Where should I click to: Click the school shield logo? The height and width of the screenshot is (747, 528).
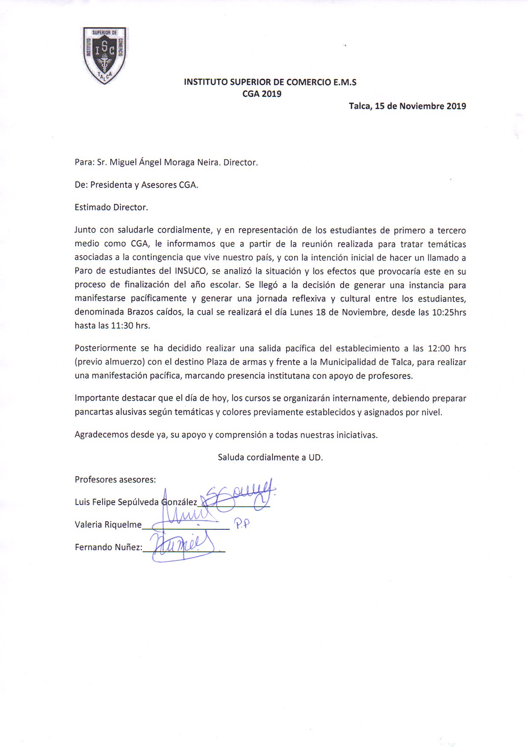point(104,55)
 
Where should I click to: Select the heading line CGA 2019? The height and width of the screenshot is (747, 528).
point(262,94)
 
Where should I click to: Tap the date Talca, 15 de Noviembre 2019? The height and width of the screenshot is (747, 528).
point(407,106)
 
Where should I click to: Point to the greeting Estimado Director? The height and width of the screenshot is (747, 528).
point(111,207)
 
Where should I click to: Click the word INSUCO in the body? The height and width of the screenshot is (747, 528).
point(190,271)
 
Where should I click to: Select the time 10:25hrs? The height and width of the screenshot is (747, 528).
point(449,312)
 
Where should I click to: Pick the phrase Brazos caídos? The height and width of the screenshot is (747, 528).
point(155,312)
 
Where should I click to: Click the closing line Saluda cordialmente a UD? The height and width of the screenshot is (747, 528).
point(270,457)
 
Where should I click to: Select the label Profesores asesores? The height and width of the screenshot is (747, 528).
point(115,480)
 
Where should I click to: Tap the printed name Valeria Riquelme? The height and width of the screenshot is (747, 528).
point(108,525)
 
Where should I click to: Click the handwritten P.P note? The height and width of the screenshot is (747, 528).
point(242,524)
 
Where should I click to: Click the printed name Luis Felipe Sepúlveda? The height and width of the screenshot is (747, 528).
point(117,502)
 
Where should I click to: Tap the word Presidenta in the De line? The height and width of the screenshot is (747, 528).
point(111,185)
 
